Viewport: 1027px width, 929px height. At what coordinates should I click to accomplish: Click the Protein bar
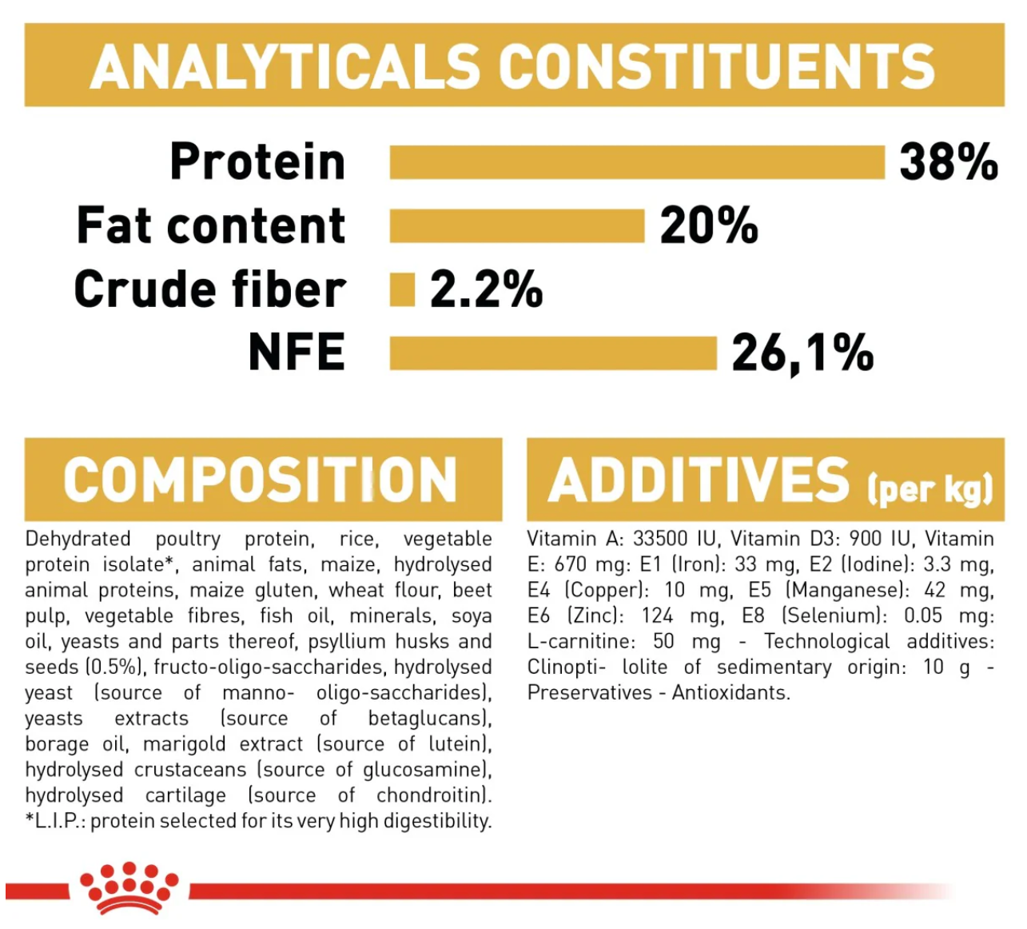[637, 162]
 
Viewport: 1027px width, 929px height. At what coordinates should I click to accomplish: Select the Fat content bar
[517, 225]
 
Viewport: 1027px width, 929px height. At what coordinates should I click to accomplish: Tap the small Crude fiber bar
[402, 290]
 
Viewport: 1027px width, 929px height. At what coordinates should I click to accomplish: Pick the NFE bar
[553, 353]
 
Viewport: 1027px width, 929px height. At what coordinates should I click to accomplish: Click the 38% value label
[949, 162]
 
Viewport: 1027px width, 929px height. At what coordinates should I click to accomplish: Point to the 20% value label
[709, 225]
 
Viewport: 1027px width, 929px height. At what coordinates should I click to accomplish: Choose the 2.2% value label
[487, 289]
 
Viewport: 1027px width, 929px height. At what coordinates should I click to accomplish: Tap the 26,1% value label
[802, 353]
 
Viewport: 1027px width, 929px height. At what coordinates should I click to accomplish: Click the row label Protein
[257, 161]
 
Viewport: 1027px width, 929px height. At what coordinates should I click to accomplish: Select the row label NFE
[297, 352]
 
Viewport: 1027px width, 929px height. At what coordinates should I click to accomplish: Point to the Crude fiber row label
[210, 289]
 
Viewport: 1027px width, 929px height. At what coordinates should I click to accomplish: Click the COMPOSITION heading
[260, 480]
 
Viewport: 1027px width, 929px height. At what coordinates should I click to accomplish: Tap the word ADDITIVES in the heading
[699, 480]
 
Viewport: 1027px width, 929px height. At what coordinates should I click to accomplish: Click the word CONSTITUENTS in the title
[716, 66]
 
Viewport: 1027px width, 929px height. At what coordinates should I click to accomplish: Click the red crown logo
[129, 887]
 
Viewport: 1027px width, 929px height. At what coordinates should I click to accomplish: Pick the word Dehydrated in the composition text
[78, 539]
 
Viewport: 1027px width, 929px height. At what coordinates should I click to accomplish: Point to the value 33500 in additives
[659, 539]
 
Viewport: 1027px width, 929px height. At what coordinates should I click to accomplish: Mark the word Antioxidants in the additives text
[731, 693]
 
